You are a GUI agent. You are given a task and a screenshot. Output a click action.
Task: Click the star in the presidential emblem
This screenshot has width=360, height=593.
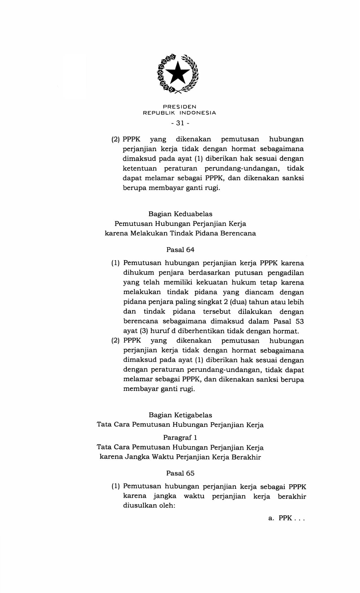[178, 73]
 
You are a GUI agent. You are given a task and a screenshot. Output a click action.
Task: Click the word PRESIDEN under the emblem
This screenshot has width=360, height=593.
[180, 107]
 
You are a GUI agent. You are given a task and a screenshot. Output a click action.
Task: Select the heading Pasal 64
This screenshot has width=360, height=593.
[180, 250]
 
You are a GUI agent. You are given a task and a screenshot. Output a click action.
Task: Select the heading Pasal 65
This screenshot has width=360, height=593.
[180, 473]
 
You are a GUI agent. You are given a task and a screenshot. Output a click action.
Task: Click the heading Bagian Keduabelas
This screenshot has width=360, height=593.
[180, 214]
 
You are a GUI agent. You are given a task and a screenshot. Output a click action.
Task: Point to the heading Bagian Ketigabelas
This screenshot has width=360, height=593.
[180, 415]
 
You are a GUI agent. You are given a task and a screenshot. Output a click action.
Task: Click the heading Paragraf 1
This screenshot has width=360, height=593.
[180, 437]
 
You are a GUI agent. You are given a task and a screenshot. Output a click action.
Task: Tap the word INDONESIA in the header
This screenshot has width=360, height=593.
[198, 113]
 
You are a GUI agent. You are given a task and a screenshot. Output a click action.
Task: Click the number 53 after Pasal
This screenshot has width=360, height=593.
[299, 321]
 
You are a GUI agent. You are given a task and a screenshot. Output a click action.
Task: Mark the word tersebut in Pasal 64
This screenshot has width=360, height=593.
[217, 312]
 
